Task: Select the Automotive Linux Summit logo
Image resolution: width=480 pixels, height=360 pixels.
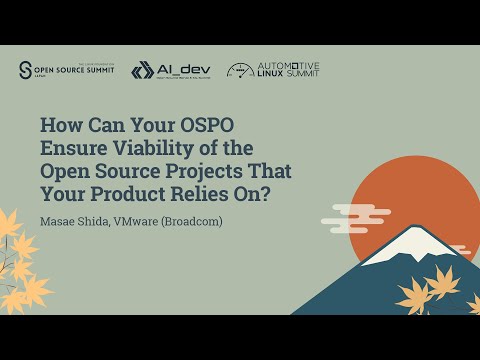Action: (273, 70)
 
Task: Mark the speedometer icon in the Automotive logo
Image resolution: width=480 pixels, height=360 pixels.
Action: (240, 70)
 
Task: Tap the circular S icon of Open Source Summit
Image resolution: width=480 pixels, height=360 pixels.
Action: (26, 69)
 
